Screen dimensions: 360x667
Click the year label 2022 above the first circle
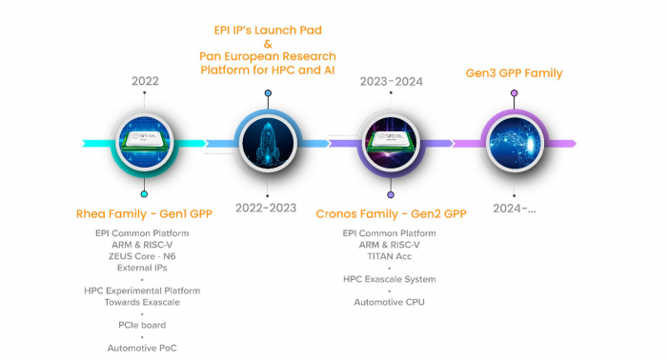point(144,82)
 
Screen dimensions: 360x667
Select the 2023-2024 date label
point(391,82)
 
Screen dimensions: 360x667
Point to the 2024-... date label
point(515,208)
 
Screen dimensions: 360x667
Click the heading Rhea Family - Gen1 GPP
point(144,213)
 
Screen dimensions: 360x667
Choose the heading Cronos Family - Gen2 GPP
point(391,213)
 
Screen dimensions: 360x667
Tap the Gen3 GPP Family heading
point(514,73)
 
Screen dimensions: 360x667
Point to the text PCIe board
point(144,325)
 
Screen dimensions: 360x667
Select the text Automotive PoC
point(144,349)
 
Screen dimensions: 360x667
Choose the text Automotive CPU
point(391,302)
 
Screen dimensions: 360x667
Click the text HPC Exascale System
point(391,279)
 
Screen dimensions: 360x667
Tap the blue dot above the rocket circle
point(268,93)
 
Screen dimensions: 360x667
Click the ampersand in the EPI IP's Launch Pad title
point(268,43)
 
